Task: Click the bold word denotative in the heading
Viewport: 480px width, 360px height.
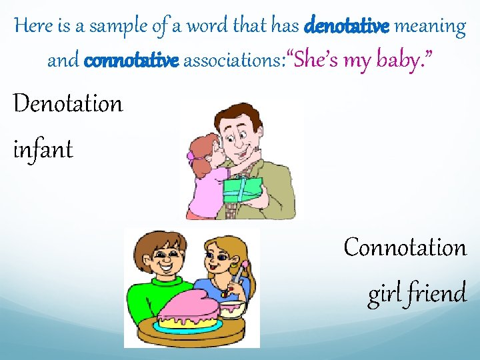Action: point(347,27)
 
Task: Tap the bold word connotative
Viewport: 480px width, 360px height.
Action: point(131,61)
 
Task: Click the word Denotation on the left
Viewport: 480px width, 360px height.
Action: point(68,104)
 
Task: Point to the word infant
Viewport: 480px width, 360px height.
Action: point(43,149)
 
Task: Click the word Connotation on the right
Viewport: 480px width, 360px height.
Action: point(405,247)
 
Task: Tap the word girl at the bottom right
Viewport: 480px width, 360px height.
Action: point(383,293)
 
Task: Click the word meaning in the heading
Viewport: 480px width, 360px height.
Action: point(430,27)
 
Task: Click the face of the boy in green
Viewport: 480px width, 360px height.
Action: point(163,255)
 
